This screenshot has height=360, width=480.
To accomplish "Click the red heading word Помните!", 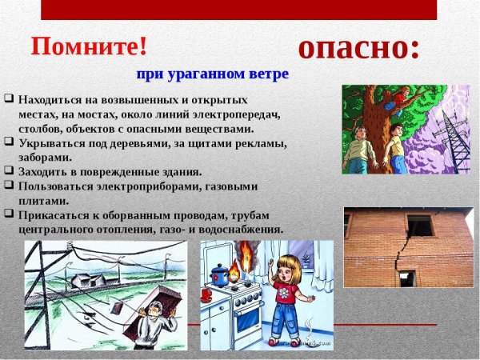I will [89, 46].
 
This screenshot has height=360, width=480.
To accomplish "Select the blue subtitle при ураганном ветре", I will [211, 74].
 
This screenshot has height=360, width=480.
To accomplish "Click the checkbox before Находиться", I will [8, 99].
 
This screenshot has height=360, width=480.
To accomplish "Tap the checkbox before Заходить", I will [8, 170].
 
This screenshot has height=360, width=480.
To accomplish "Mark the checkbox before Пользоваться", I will [8, 185].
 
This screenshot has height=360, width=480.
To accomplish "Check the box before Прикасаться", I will [8, 214].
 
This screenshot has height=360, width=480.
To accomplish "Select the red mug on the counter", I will [206, 294].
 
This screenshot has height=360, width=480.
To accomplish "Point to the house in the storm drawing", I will [88, 281].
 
